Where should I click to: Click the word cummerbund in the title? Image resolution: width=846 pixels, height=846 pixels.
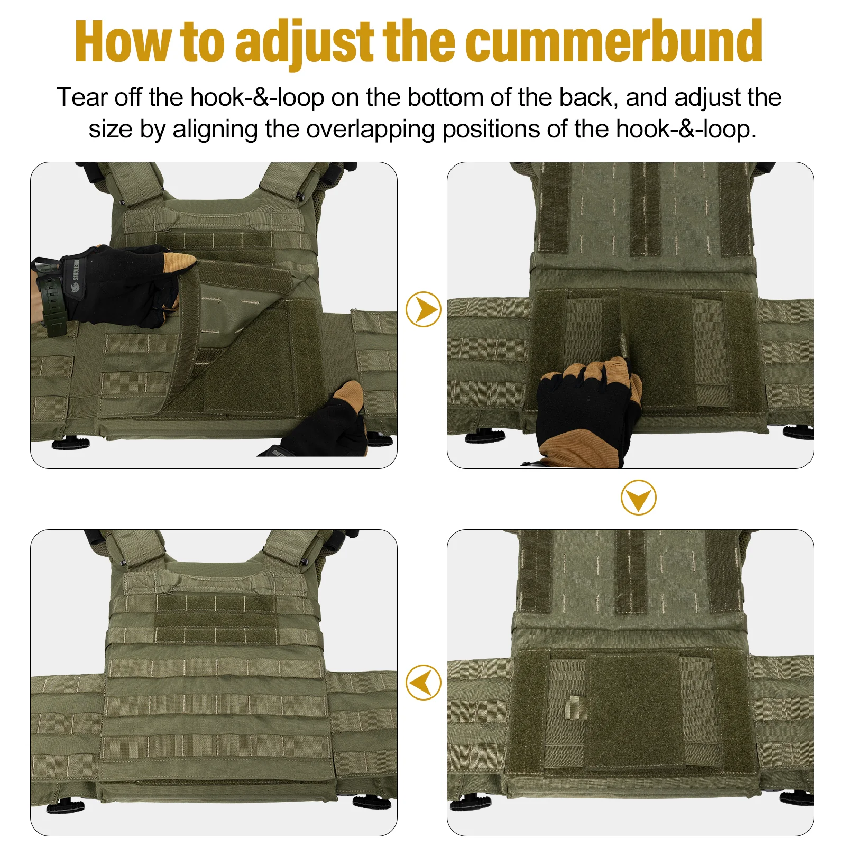[x=614, y=41]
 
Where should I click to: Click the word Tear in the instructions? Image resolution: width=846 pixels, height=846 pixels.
[x=82, y=97]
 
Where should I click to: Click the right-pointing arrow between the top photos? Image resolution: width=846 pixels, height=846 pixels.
[x=423, y=309]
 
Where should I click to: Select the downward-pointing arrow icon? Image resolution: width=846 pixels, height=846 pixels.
[x=638, y=498]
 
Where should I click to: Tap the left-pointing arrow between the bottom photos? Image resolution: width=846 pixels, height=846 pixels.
[x=423, y=682]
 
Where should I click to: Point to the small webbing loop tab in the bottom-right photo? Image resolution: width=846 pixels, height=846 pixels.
[x=575, y=707]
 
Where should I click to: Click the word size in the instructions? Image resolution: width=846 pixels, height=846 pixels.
[x=111, y=130]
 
